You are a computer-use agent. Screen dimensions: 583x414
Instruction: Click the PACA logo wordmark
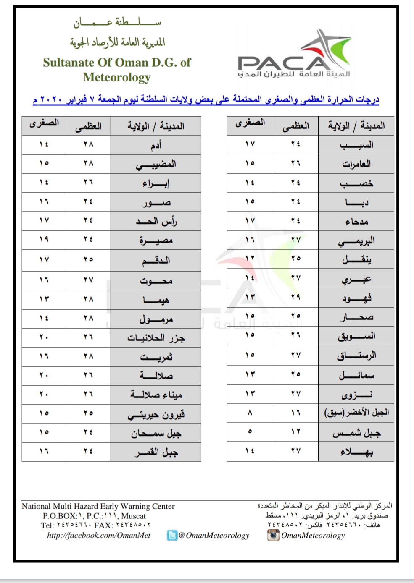pos(282,63)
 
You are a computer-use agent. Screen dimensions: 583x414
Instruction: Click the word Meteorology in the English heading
pos(117,77)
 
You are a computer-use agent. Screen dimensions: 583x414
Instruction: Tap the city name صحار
pos(356,317)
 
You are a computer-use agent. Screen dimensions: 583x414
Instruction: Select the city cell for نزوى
pos(356,395)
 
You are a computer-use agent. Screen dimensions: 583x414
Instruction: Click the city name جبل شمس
pos(356,433)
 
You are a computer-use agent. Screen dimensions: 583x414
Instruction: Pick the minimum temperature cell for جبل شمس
pos(250,432)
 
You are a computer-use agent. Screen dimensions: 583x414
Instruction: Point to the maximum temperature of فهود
pos(295,297)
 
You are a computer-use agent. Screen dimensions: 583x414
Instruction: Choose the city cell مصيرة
pos(156,241)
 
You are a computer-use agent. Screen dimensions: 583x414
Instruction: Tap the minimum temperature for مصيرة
pos(44,239)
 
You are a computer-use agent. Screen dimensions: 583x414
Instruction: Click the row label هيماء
pos(156,300)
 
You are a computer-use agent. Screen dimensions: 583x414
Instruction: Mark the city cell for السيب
pos(356,145)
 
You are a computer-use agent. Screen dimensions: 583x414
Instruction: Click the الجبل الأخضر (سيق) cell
pos(356,413)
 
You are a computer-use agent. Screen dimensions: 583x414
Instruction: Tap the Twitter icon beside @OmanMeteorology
pos(172,535)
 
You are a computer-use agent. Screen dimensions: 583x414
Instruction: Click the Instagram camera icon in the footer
pos(273,535)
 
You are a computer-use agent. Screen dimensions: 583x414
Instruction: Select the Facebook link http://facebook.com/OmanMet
pos(99,535)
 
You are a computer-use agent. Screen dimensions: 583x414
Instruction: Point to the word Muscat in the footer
pos(133,516)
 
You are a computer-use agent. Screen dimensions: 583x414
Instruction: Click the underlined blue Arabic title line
pos(206,100)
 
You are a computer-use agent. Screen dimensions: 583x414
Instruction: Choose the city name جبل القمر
pos(156,452)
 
